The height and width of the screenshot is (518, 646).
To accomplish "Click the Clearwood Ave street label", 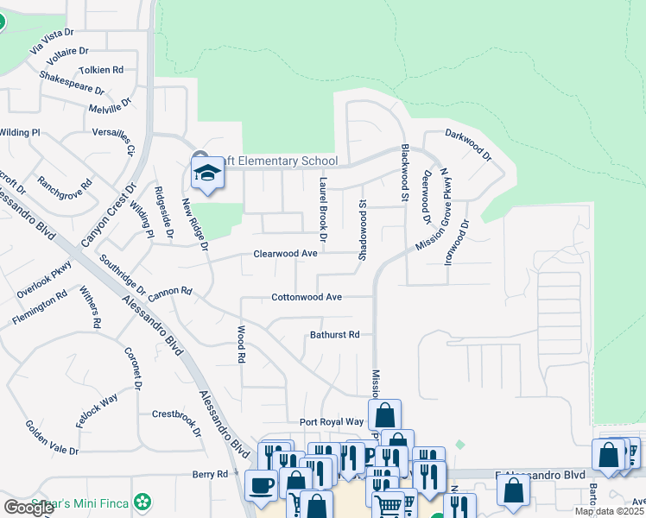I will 285,254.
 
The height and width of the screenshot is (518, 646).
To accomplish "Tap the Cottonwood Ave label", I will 307,297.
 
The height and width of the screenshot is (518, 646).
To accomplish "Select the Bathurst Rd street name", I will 334,334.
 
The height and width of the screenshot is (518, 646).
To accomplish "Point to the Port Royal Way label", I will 331,422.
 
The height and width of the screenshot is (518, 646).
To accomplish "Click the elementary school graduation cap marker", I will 207,173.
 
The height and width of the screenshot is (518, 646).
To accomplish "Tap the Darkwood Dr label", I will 468,145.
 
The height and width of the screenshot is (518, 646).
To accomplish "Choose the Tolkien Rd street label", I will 101,69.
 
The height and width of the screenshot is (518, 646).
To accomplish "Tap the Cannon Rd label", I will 169,293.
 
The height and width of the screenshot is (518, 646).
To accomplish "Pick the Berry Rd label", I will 210,474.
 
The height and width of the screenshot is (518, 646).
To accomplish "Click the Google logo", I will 28,508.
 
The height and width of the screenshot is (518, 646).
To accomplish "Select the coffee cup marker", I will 261,484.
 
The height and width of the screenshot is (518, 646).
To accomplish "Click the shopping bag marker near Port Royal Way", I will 384,414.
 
